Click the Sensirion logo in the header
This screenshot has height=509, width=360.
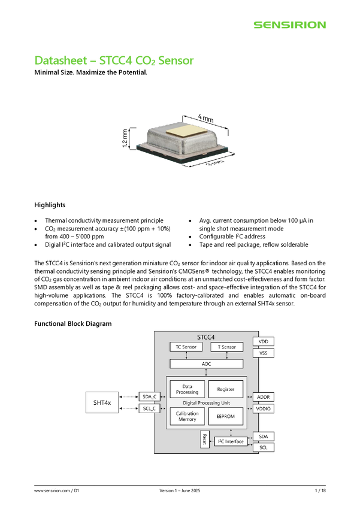point(289,25)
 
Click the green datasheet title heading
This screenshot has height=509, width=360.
point(114,60)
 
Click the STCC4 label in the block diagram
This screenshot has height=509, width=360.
point(206,338)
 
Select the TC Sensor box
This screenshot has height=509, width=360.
point(186,347)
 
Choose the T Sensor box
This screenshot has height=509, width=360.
point(226,347)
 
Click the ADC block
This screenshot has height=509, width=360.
point(206,363)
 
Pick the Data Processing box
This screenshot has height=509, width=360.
point(187,389)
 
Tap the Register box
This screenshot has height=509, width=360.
point(225,389)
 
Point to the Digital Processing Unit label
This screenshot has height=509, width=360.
point(207,402)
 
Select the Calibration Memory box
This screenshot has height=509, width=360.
point(187,416)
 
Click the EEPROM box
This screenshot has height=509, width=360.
point(225,416)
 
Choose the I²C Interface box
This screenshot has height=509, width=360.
point(230,441)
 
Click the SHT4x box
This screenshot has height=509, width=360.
point(102,403)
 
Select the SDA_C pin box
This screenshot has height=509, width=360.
point(149,397)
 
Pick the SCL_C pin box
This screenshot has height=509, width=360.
point(149,409)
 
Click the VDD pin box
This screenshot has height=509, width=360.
point(264,341)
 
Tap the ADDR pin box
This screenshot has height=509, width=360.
point(264,397)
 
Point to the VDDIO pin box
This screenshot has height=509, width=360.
point(264,409)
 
